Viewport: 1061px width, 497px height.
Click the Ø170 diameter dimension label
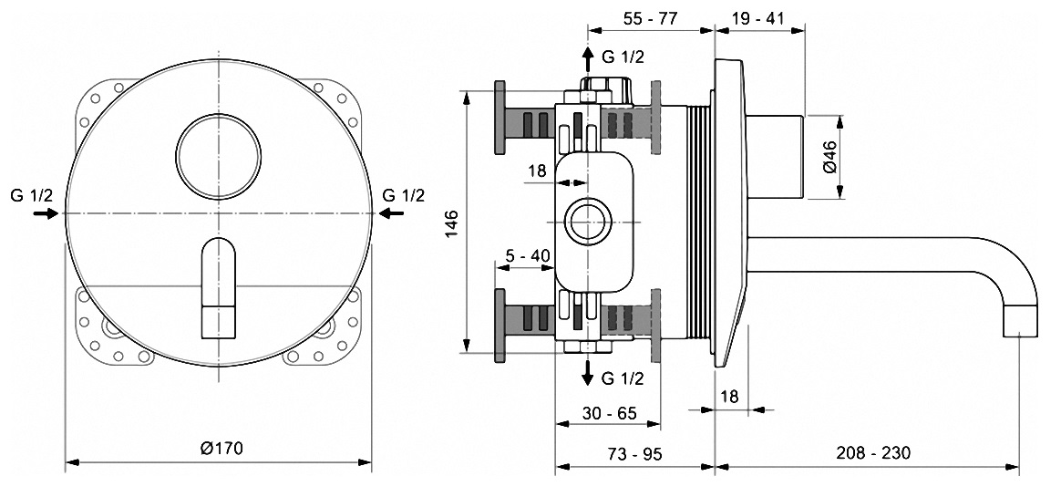coord(221,448)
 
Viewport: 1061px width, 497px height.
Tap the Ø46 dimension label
coord(830,157)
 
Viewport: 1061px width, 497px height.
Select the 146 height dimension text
coord(452,223)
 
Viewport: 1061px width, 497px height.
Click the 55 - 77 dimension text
coord(650,18)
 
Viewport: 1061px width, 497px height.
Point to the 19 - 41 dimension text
coord(757,18)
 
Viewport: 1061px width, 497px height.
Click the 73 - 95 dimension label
coord(634,453)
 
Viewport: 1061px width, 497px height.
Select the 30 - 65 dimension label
coord(609,412)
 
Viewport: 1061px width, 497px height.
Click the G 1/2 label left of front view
coord(31,196)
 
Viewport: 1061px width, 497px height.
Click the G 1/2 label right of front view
coord(403,196)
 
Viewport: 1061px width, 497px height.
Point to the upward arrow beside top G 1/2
coord(587,60)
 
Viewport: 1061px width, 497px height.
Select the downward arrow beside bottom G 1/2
coord(587,373)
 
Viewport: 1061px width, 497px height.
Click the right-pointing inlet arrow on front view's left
coord(46,214)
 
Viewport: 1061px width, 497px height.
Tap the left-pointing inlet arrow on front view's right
coord(391,214)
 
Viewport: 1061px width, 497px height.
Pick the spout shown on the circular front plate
coord(219,287)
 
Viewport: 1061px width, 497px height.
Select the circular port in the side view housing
coord(587,223)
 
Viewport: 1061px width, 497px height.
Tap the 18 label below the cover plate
coord(729,396)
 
